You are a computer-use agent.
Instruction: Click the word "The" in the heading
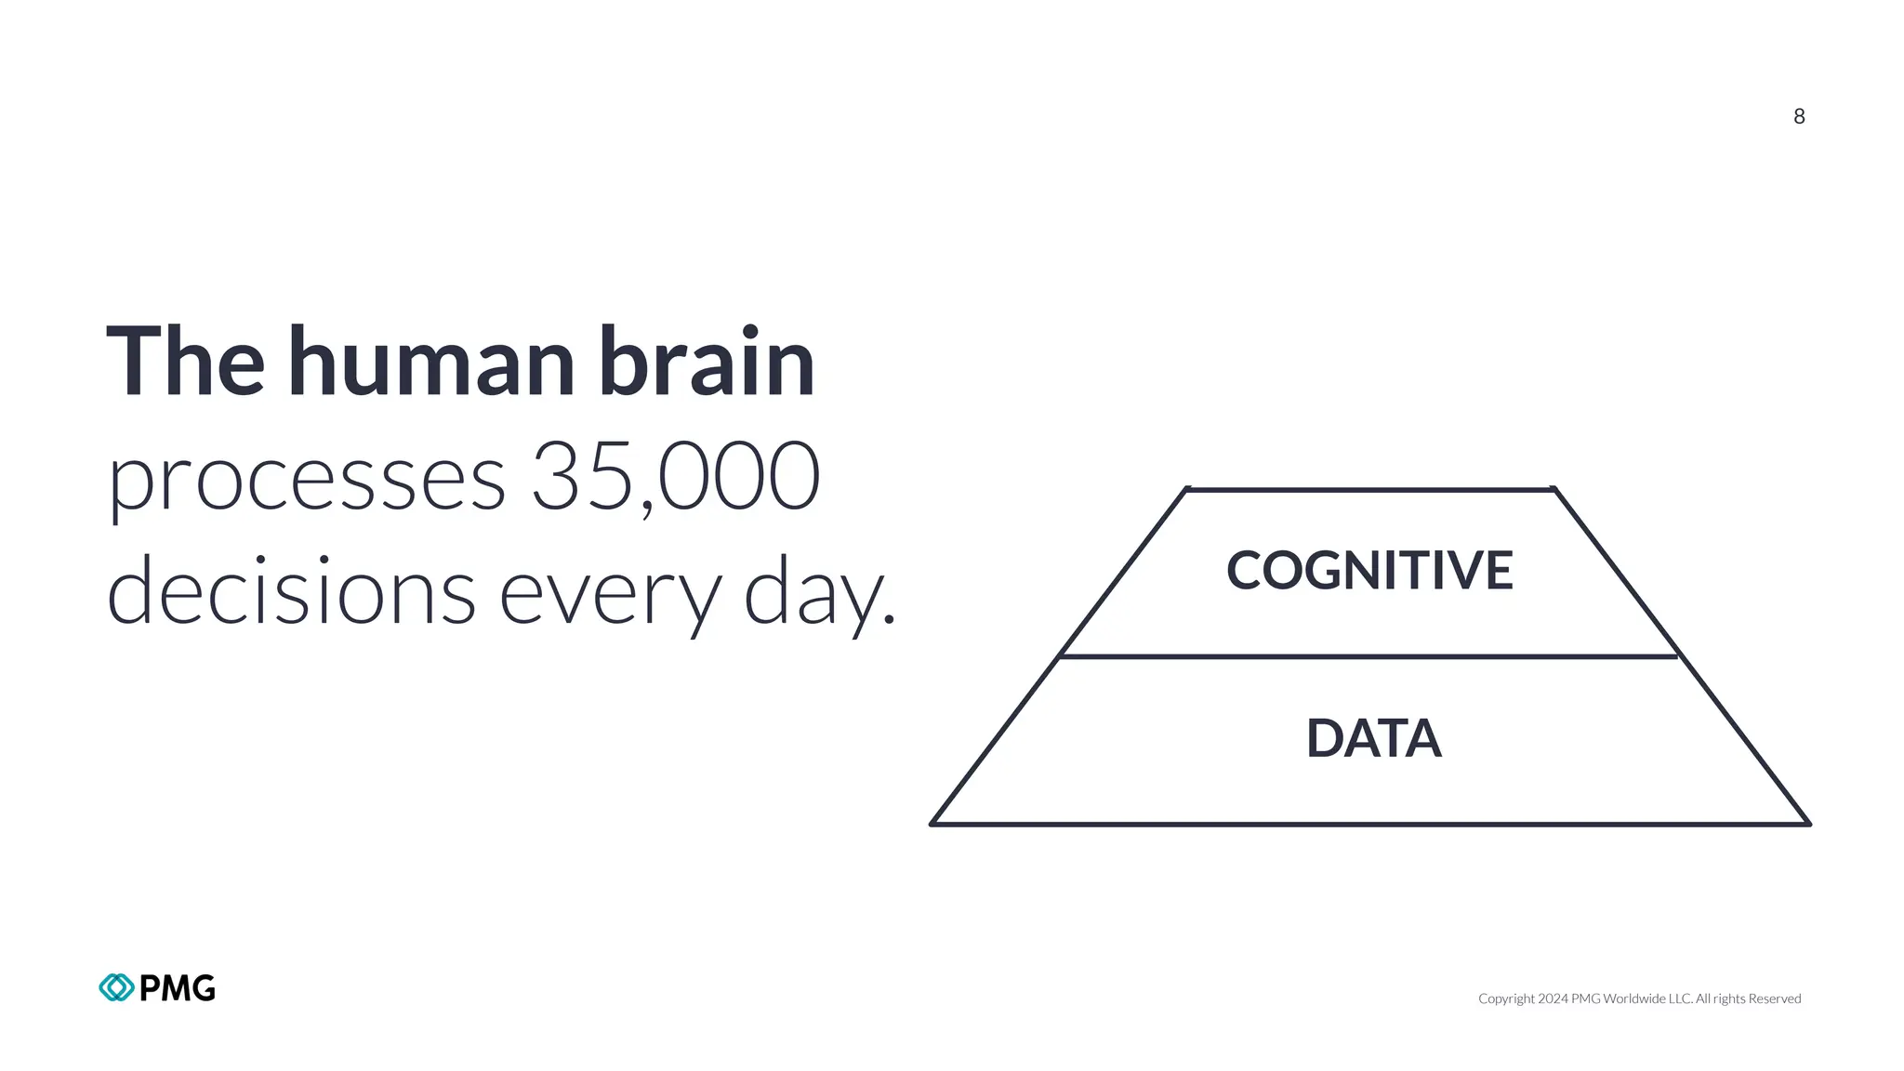coord(185,362)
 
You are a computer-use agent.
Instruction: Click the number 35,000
coord(676,476)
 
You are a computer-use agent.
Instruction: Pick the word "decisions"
coord(291,591)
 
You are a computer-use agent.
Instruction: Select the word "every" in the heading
coord(610,595)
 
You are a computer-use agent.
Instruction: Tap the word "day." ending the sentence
coord(819,595)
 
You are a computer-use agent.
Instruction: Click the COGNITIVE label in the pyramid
coord(1369,570)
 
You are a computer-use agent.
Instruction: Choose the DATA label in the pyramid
coord(1373,738)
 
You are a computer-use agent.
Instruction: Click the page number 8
coord(1799,116)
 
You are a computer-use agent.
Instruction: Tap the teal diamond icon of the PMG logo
coord(116,987)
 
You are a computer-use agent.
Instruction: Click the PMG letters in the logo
coord(178,987)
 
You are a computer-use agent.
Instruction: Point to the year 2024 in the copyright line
coord(1553,998)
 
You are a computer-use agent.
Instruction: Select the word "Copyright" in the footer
coord(1506,998)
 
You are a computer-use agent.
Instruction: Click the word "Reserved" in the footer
coord(1775,998)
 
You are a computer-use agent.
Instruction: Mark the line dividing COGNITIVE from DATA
coord(1369,656)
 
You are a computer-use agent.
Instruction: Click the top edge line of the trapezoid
coord(1369,489)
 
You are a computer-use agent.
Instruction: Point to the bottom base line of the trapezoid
coord(1369,824)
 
